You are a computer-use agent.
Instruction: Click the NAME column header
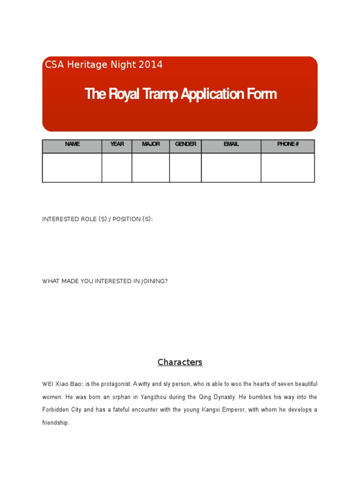(x=72, y=144)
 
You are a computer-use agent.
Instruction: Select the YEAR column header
(x=117, y=144)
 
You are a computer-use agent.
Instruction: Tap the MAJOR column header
(x=150, y=144)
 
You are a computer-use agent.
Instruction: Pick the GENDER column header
(x=186, y=144)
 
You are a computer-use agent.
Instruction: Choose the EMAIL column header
(x=231, y=144)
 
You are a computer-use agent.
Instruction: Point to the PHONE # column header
(x=288, y=144)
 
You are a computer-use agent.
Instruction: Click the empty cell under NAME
(x=72, y=167)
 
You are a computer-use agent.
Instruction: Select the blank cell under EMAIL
(x=231, y=167)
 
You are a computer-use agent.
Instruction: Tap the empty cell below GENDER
(x=186, y=167)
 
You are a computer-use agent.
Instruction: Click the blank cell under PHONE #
(x=288, y=167)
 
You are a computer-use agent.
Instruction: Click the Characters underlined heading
(x=180, y=362)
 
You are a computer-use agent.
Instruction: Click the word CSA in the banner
(x=55, y=65)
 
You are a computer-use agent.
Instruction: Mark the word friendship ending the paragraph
(x=55, y=423)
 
